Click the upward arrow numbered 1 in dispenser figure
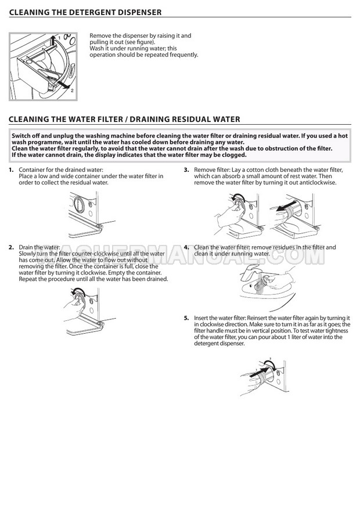[x=53, y=42]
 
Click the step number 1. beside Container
[x=12, y=170]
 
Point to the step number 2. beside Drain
[x=12, y=247]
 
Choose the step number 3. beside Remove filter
[x=186, y=170]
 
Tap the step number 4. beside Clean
[x=186, y=247]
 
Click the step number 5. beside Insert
[x=186, y=318]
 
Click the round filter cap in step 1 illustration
[x=79, y=204]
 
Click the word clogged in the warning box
[x=235, y=155]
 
